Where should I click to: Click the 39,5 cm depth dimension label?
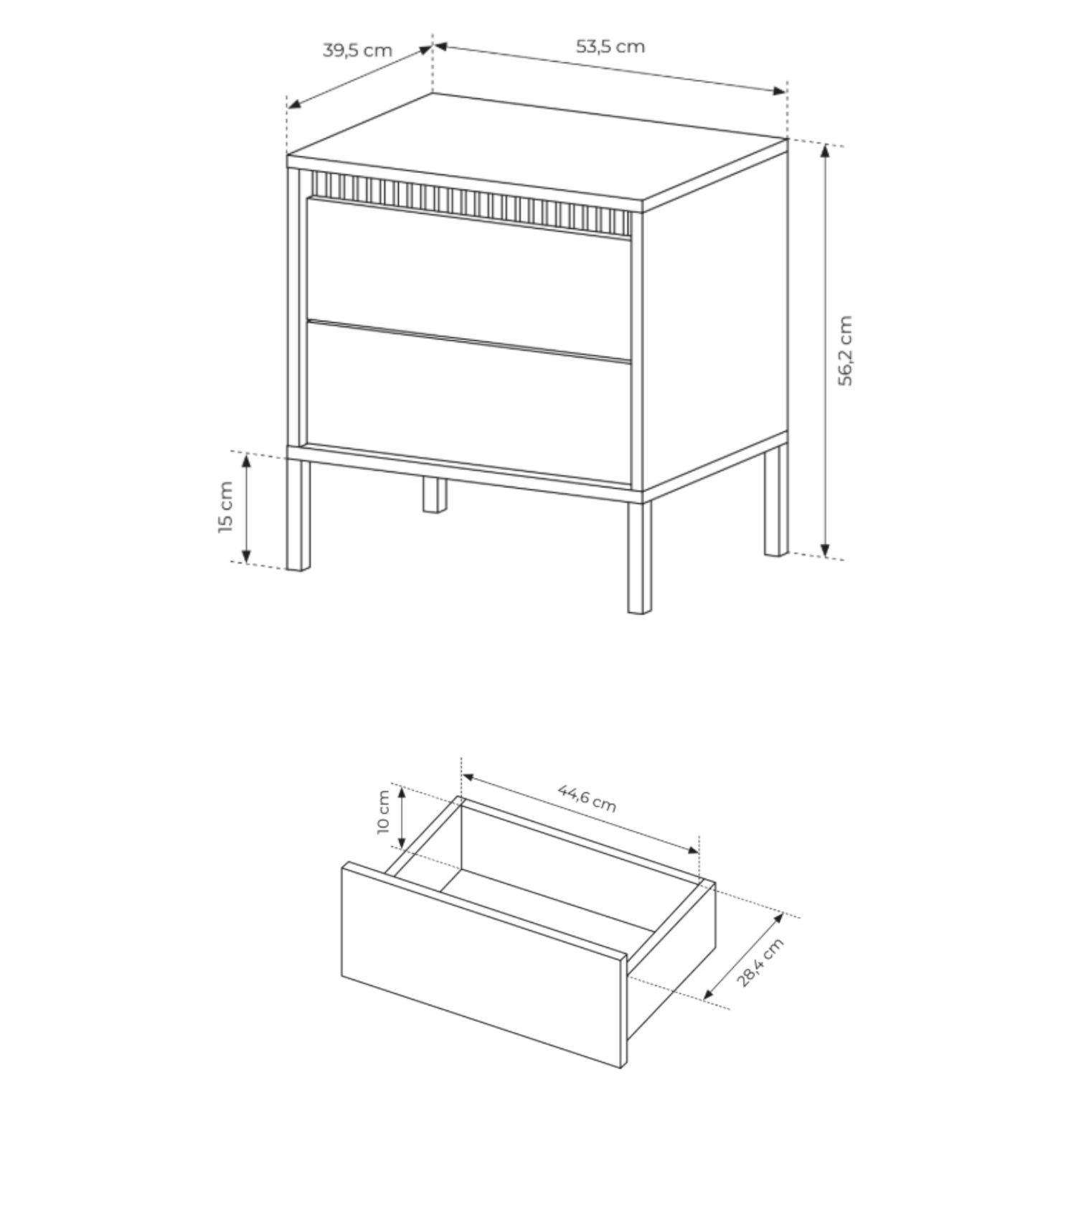[357, 50]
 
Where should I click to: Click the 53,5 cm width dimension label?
[610, 47]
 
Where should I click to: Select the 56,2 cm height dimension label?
[846, 350]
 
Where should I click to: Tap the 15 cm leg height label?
[226, 507]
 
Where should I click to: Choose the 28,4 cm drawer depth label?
[761, 962]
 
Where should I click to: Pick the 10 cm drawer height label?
[383, 812]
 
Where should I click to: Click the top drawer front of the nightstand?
[468, 276]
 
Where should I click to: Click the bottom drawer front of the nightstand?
[468, 402]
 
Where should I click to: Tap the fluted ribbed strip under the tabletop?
[472, 202]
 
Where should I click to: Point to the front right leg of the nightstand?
[639, 557]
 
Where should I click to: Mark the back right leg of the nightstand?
[775, 502]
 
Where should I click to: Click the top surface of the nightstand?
[537, 152]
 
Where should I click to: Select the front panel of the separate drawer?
[484, 965]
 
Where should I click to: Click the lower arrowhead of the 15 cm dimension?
[246, 554]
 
